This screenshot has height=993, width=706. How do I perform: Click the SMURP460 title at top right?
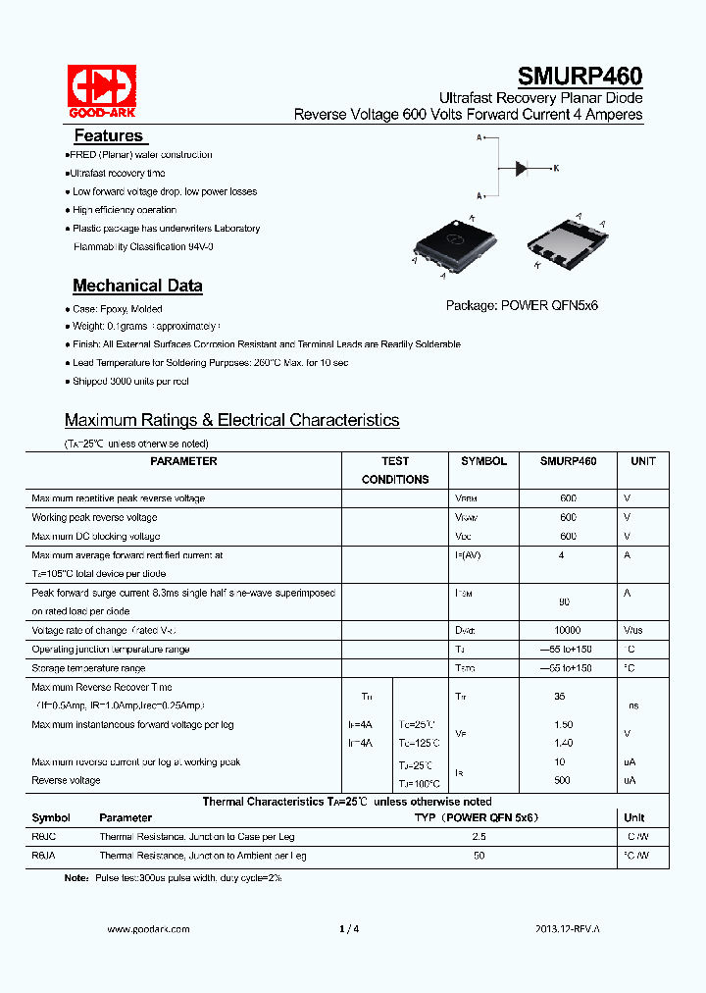tap(580, 77)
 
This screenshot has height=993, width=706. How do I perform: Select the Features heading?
tap(108, 135)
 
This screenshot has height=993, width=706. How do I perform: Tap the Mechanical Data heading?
tap(137, 286)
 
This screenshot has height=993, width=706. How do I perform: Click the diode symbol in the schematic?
tap(521, 168)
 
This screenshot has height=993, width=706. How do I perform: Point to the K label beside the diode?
tap(556, 169)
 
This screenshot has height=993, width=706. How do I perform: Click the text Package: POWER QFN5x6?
tap(522, 305)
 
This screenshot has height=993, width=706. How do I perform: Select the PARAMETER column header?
tap(183, 461)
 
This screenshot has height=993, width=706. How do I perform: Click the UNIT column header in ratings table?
tap(643, 461)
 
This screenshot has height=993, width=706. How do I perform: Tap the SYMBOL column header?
tap(483, 461)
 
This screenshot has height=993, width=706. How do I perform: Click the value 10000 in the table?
tap(568, 631)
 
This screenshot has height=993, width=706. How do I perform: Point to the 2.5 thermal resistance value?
tap(479, 837)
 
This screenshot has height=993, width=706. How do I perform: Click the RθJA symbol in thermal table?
tap(45, 856)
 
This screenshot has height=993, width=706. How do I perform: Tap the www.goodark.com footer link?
tap(147, 928)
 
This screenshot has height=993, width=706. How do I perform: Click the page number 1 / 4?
tap(349, 928)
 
